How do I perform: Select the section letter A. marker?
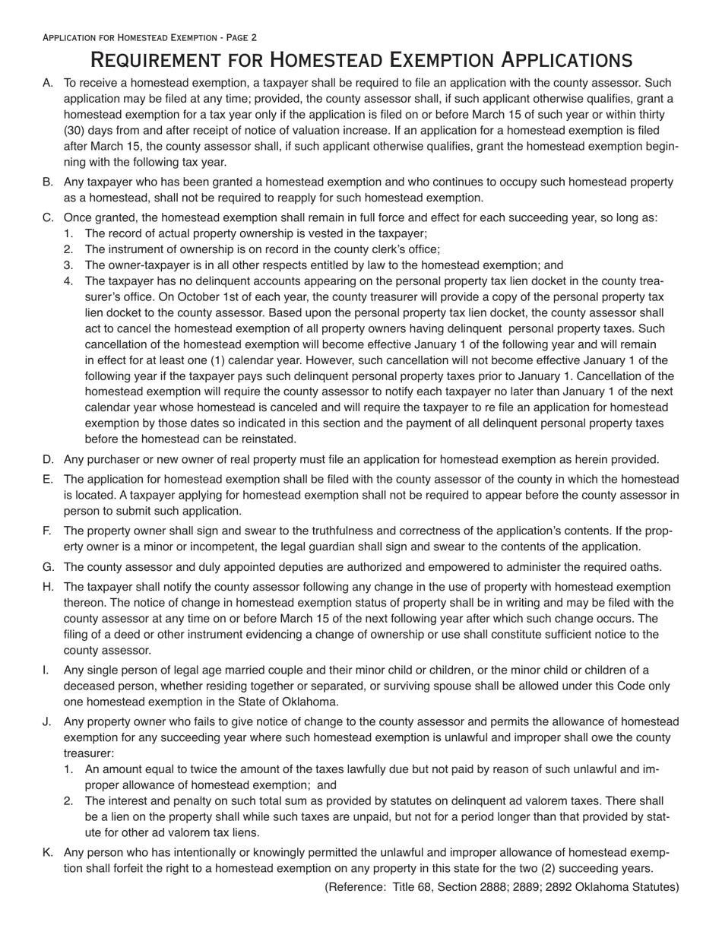(48, 83)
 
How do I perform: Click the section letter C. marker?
(48, 217)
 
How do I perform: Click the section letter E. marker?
(48, 479)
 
